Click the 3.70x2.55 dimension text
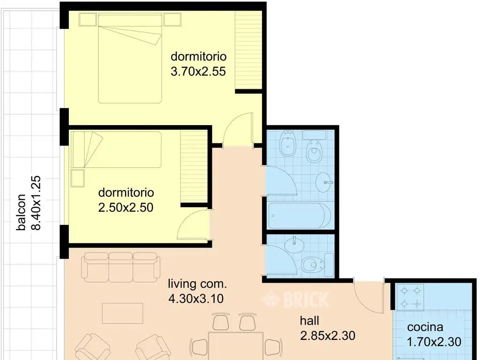point(198,72)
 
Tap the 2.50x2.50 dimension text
point(126,208)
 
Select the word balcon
point(21,212)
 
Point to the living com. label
point(197,284)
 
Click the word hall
point(309,321)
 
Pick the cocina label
point(425,327)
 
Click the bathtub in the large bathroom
point(299,216)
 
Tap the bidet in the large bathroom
point(287,143)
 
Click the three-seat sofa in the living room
point(120,267)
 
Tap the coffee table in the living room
point(123,313)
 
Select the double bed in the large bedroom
point(130,58)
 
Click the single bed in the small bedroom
point(116,150)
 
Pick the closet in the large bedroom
point(248,50)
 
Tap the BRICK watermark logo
point(295,300)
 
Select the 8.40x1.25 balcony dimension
point(36,202)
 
